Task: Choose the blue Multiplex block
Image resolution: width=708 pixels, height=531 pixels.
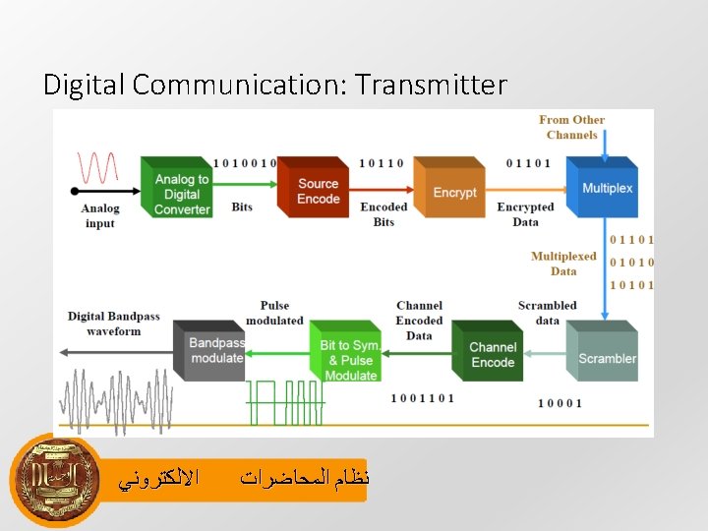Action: pos(605,188)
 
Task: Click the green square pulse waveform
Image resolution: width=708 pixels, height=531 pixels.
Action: pos(284,401)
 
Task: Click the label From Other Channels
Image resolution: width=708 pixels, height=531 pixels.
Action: pos(571,127)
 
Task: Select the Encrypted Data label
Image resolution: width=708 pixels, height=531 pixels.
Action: pos(525,214)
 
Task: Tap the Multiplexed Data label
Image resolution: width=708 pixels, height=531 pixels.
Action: pos(563,264)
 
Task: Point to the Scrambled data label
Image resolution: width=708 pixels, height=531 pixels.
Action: pos(547,313)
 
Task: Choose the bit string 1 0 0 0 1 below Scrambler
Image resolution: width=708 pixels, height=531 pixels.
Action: pos(560,403)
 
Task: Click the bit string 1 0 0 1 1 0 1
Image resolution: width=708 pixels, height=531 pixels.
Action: pos(422,398)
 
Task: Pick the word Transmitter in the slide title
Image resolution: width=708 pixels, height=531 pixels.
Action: pos(432,86)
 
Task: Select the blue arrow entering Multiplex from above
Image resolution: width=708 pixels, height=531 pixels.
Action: pos(603,146)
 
